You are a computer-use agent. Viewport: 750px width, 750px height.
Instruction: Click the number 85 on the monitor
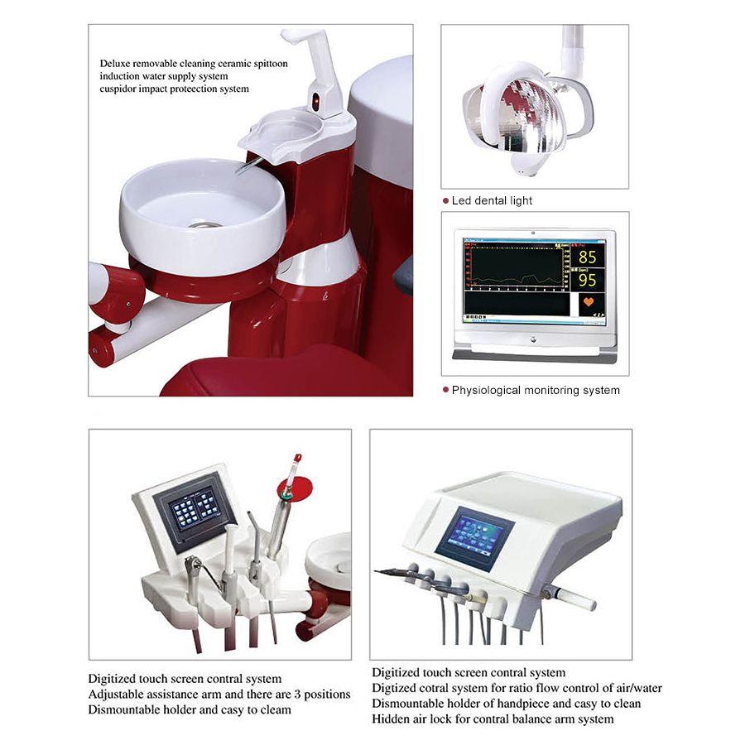click(587, 257)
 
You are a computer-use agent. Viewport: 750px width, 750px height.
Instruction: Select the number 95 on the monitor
click(587, 280)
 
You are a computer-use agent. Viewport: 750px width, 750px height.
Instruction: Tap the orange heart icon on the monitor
click(588, 303)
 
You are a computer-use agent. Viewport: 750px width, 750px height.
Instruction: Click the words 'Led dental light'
click(492, 201)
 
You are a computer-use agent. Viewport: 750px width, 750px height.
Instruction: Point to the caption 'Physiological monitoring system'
click(535, 390)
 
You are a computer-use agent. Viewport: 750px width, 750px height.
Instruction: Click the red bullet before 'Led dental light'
click(445, 201)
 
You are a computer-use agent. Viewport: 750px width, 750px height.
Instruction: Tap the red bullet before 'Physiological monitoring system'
click(445, 390)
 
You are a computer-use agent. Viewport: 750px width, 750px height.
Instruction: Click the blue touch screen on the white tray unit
click(474, 538)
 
